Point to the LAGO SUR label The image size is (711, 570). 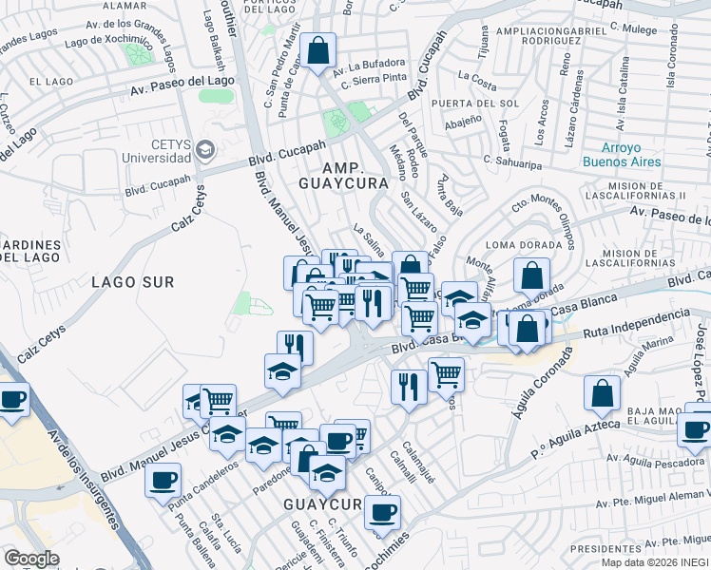pos(133,281)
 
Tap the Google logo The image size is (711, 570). pos(31,559)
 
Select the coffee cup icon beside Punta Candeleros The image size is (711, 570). pos(163,478)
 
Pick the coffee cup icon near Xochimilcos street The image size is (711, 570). pos(382,512)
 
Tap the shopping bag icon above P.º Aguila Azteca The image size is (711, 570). pos(602,392)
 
